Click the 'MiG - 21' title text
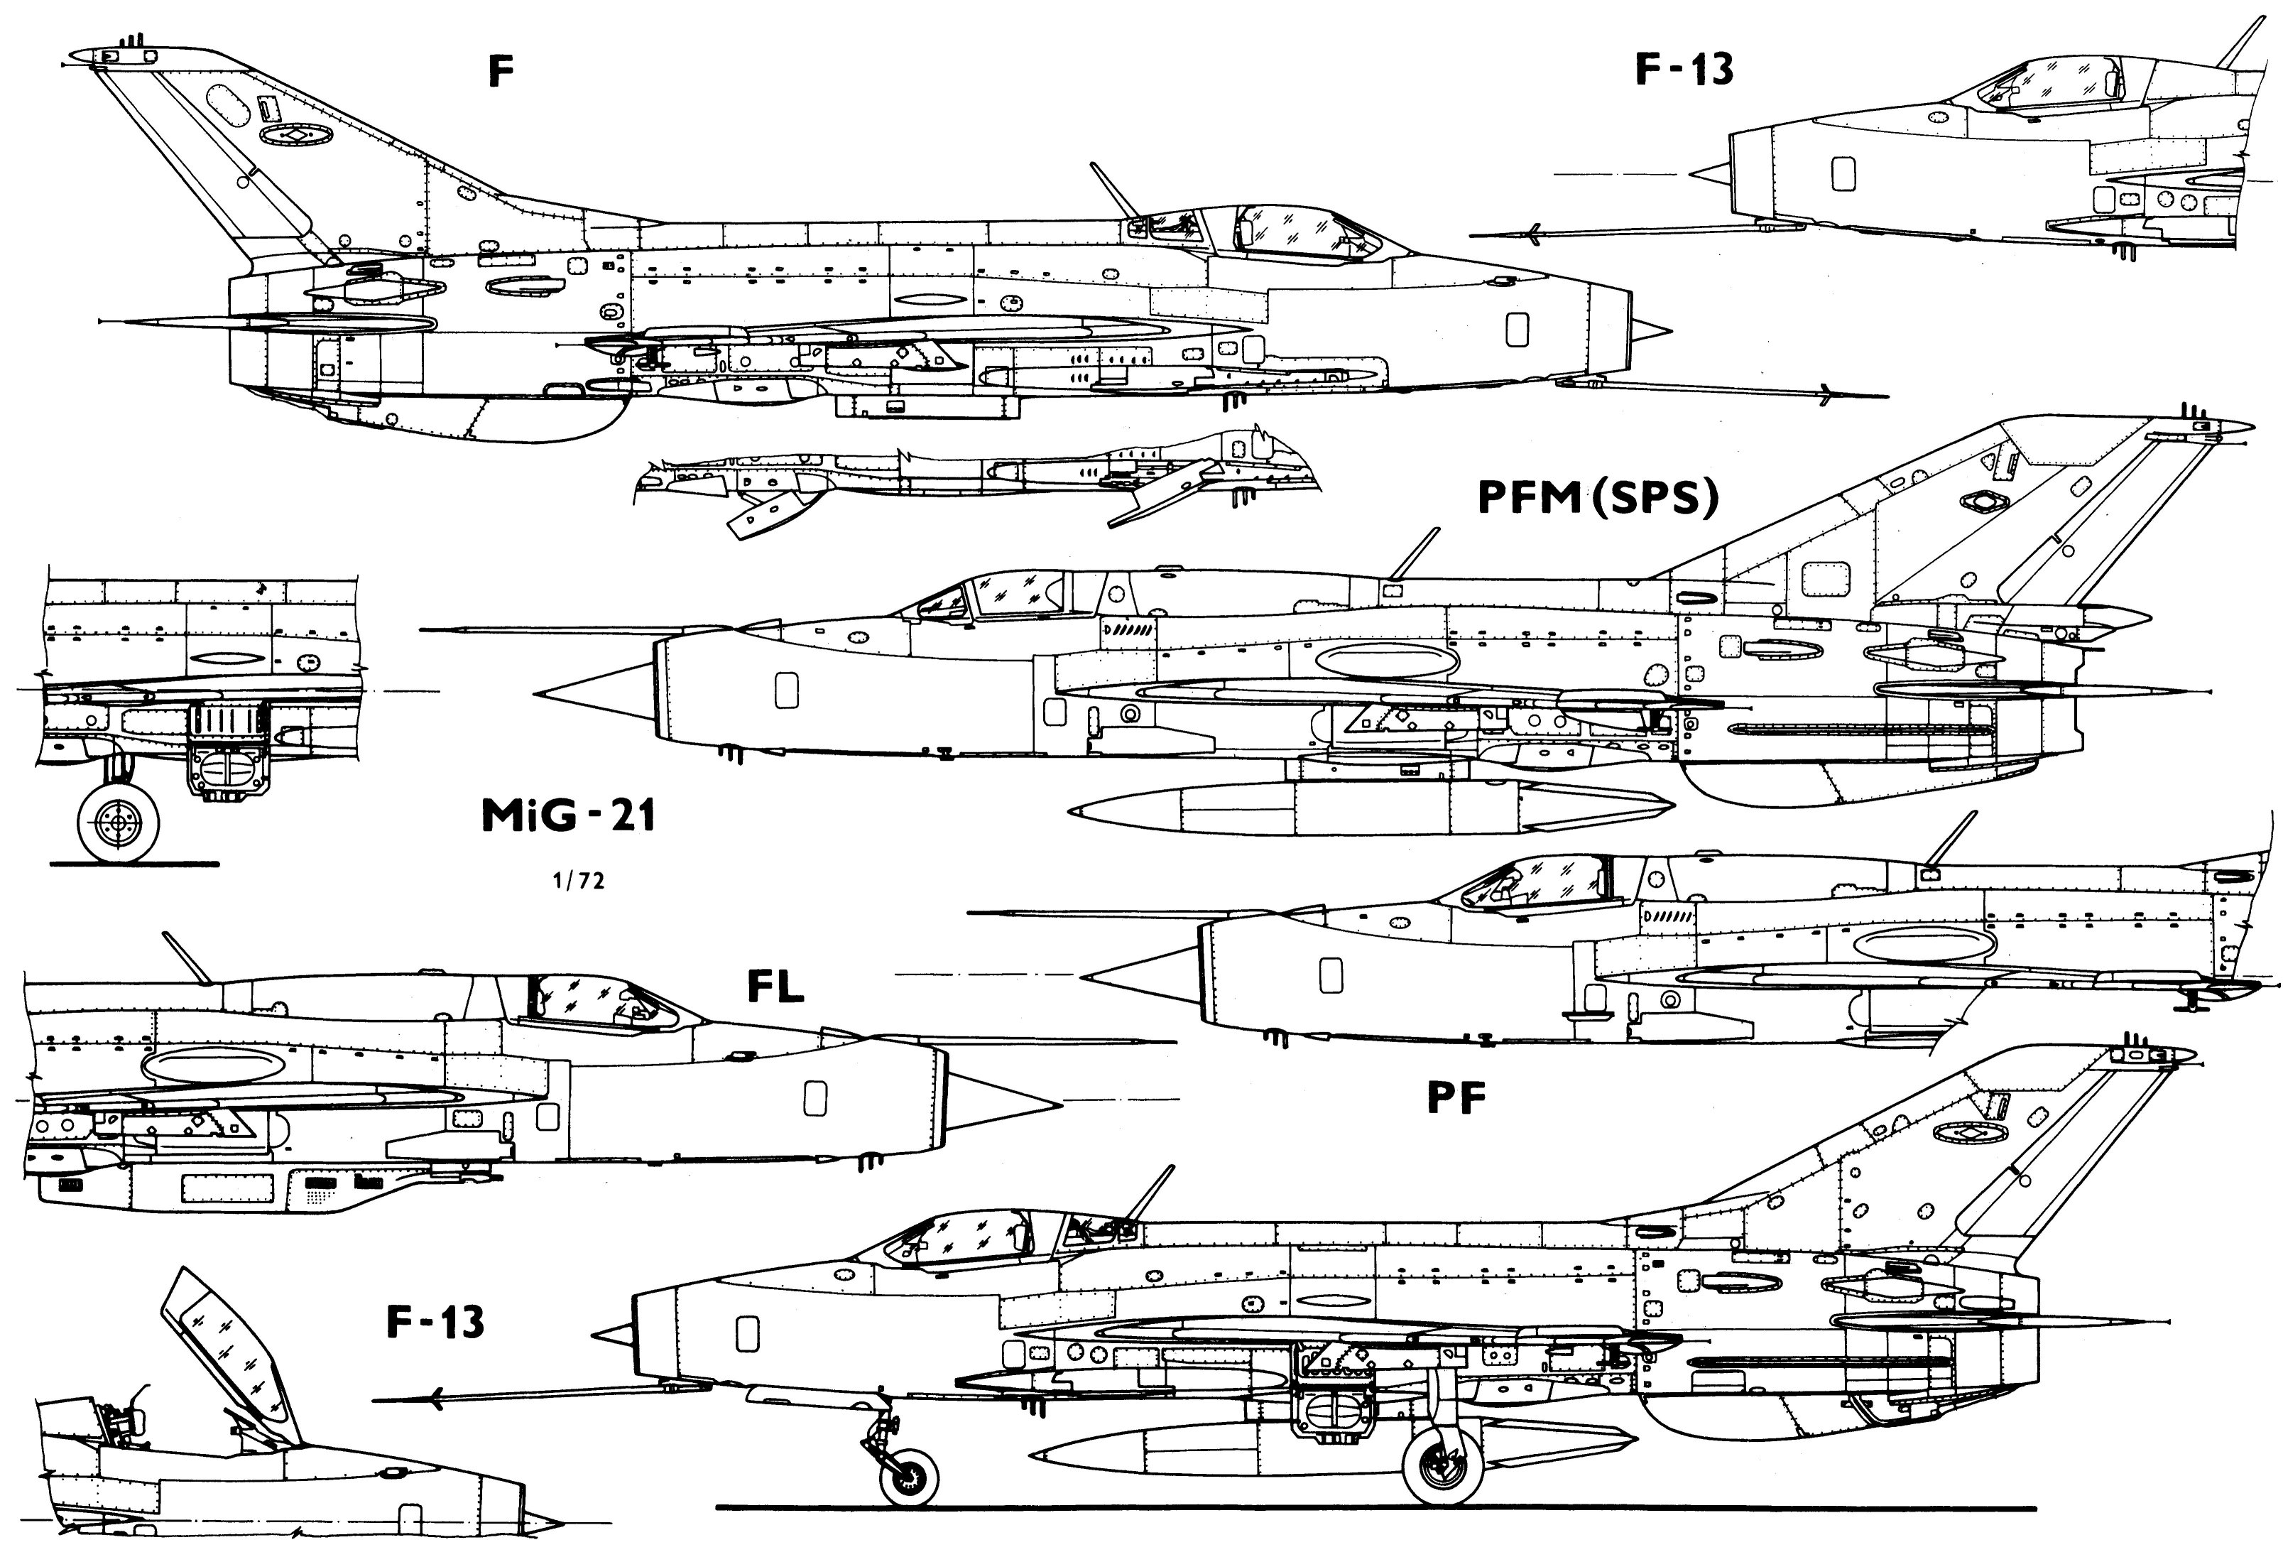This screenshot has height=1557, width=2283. (568, 815)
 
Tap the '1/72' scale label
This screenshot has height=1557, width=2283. (579, 881)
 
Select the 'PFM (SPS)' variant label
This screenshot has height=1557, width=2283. (1598, 497)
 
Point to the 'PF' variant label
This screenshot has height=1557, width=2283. (1455, 1097)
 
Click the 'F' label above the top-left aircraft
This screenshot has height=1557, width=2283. (501, 71)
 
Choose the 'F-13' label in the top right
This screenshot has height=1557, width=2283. (1684, 69)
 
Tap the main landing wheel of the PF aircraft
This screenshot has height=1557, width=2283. (1442, 1467)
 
